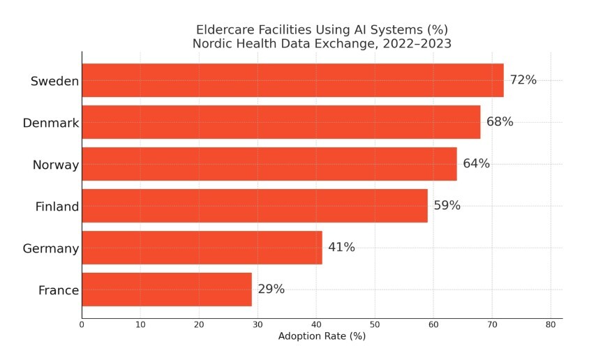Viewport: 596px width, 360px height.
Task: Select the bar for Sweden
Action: [x=292, y=80]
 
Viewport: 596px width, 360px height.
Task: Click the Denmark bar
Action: [x=281, y=122]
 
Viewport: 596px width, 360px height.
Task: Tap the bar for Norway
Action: [x=269, y=164]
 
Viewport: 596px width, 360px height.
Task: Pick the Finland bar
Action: [x=254, y=206]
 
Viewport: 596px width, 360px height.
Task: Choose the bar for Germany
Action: [x=202, y=248]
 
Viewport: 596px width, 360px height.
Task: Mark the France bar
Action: [x=166, y=290]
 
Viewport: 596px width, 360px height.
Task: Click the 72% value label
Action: [x=523, y=80]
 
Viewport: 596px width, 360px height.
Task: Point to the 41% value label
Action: [x=341, y=248]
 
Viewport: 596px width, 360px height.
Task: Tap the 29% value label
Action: [x=271, y=290]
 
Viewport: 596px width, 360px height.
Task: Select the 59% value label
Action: [x=447, y=206]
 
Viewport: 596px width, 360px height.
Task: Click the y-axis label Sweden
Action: [x=54, y=82]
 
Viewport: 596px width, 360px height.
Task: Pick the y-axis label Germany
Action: [x=50, y=249]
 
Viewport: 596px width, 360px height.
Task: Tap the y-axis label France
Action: [x=58, y=291]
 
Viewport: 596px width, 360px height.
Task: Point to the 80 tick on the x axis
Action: [x=551, y=324]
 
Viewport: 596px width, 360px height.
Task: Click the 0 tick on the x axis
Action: [x=82, y=324]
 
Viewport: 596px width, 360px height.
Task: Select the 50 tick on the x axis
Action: [x=375, y=324]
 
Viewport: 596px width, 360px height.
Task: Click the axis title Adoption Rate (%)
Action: [x=322, y=336]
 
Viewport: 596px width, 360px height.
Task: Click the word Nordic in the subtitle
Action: [x=213, y=44]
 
